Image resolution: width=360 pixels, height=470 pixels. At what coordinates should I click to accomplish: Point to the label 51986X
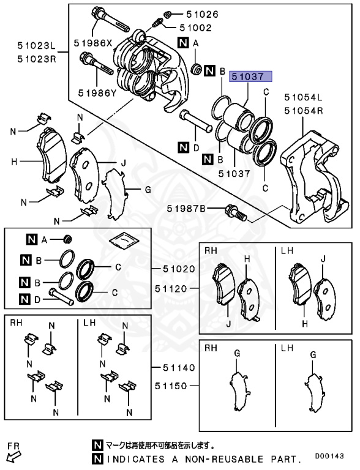94,43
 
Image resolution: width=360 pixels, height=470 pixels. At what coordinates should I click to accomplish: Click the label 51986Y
97,93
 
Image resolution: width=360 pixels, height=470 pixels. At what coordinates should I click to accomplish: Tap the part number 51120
174,286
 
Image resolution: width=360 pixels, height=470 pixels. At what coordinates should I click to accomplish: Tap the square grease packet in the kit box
125,242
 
